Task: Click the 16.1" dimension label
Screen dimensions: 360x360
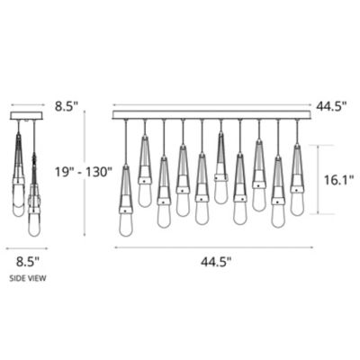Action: coord(338,180)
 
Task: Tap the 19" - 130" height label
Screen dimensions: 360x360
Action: coord(83,172)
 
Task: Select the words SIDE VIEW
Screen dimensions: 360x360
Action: coord(28,278)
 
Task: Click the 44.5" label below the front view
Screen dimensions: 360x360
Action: coord(216,262)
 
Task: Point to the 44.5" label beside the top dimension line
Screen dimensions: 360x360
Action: coord(331,106)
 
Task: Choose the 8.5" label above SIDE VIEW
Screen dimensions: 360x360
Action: coord(28,262)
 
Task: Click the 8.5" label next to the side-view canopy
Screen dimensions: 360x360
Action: coord(67,106)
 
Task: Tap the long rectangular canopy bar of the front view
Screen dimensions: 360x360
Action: coord(212,115)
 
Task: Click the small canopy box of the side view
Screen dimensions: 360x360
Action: coord(27,116)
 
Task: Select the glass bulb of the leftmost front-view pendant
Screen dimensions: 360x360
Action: coord(126,224)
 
